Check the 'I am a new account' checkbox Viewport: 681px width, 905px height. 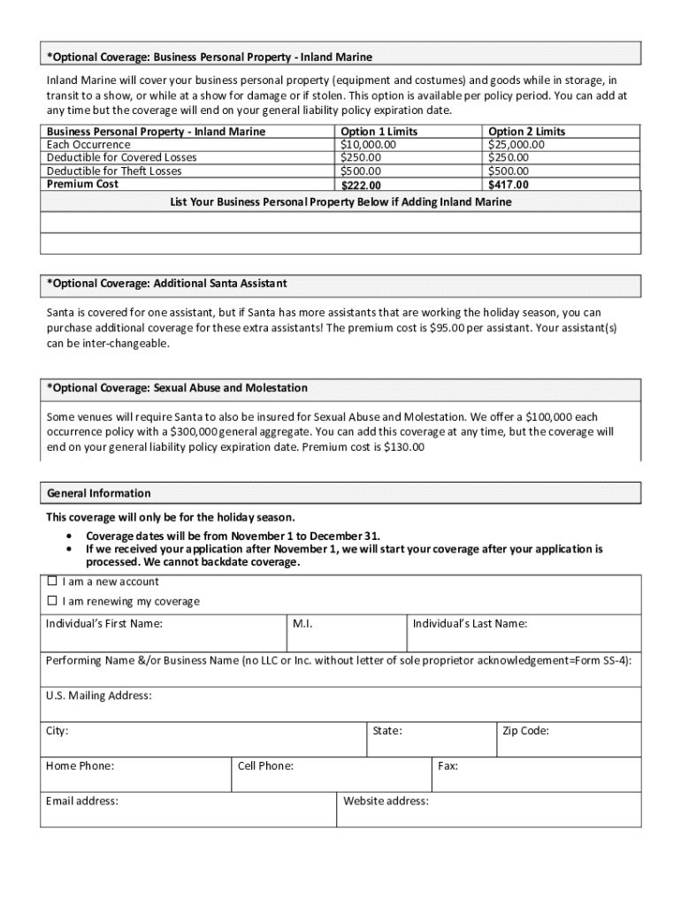[51, 582]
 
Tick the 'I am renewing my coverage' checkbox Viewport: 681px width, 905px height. [51, 602]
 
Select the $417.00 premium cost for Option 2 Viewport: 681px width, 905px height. [509, 185]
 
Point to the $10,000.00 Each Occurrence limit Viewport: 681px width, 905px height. [368, 145]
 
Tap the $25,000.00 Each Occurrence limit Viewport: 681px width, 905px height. [516, 145]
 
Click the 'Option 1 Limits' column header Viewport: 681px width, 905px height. [379, 132]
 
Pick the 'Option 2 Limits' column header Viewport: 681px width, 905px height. [526, 132]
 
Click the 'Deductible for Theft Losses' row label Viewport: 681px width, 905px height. [114, 171]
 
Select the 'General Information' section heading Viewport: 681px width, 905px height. [98, 493]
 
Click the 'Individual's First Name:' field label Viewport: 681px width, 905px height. [104, 624]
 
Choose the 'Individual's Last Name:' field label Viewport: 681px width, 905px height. [470, 624]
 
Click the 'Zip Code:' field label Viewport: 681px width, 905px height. [525, 731]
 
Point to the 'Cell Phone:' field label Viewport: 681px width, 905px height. [265, 766]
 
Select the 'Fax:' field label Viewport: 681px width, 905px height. [448, 766]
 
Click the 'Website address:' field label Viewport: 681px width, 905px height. [386, 802]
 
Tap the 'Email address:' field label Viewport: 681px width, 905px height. [82, 802]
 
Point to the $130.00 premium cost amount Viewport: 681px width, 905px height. [403, 447]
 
